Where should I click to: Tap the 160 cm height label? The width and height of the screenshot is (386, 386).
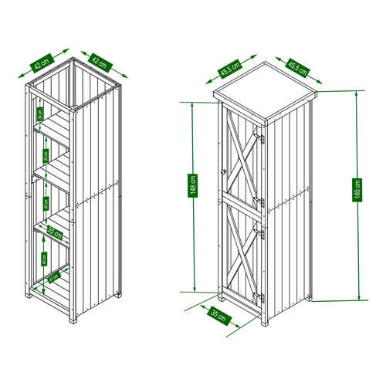[x=357, y=190]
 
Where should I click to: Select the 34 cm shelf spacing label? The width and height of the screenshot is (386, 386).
[x=39, y=116]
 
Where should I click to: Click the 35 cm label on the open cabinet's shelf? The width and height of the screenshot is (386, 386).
[x=53, y=230]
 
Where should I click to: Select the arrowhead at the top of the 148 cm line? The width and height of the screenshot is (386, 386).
[x=193, y=103]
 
